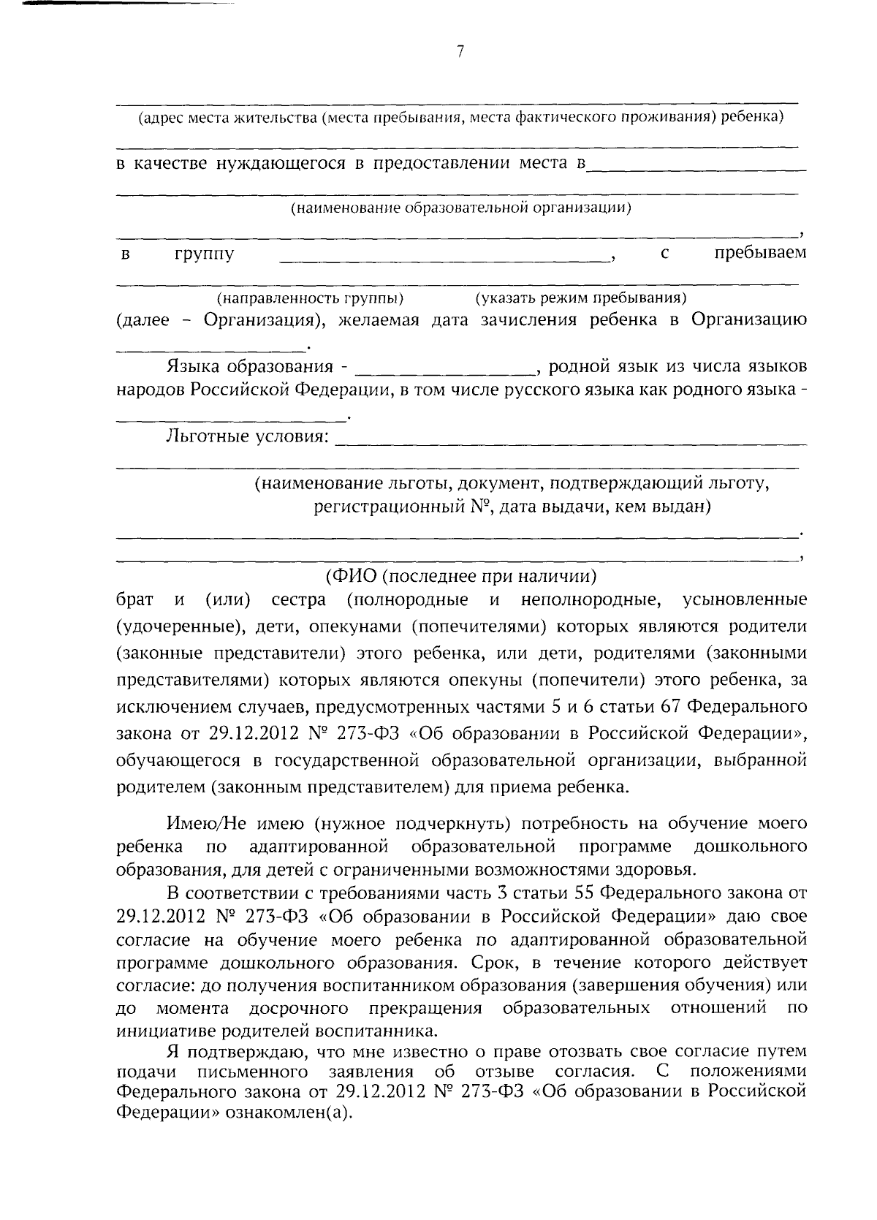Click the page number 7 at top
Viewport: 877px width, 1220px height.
[x=459, y=51]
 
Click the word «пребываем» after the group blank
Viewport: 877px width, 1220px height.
[x=760, y=253]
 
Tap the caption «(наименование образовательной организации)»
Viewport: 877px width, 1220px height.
[x=461, y=208]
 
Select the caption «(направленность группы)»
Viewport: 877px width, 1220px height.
[x=310, y=298]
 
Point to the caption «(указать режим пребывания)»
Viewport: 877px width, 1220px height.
[x=580, y=298]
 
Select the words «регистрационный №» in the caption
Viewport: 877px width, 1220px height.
[x=400, y=507]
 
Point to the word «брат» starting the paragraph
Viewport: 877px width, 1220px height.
[x=135, y=600]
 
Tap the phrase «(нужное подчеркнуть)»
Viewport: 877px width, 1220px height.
[x=410, y=824]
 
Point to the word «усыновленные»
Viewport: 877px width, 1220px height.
[x=744, y=600]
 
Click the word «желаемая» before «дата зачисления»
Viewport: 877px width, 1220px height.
[x=378, y=320]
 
